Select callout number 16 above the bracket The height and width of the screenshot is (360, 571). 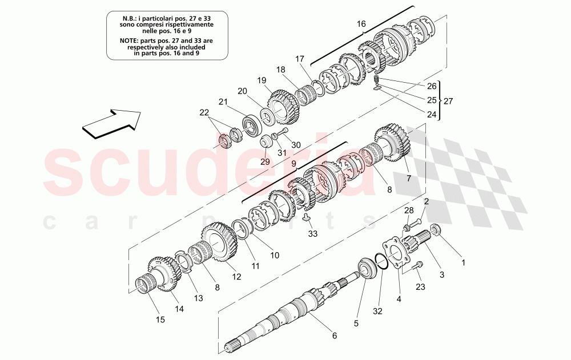[x=361, y=24]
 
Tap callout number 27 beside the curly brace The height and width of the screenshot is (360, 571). [x=448, y=100]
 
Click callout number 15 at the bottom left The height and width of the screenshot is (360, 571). [x=160, y=319]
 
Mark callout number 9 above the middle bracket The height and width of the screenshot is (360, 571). [x=293, y=162]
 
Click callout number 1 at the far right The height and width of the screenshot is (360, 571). [x=464, y=263]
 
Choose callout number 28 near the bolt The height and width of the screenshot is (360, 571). [x=408, y=212]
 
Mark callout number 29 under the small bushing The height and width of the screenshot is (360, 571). [x=264, y=162]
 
